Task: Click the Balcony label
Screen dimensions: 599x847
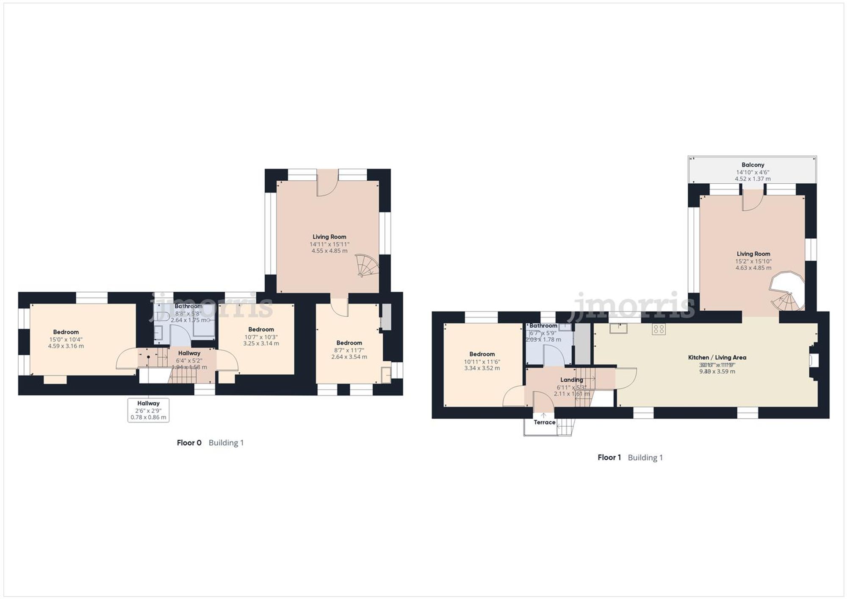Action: (x=753, y=165)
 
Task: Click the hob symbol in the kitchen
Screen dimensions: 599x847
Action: (x=658, y=329)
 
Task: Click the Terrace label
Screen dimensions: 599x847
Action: (x=544, y=422)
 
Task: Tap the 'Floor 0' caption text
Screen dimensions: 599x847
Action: (x=189, y=443)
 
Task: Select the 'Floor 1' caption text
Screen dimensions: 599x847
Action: (x=609, y=458)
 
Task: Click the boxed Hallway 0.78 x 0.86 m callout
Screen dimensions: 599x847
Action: (x=148, y=410)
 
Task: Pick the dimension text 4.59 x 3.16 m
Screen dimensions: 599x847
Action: (x=66, y=346)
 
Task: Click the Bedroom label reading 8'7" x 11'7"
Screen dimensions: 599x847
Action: (x=349, y=343)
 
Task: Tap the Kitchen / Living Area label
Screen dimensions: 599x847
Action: (x=717, y=358)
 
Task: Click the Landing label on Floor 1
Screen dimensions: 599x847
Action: (x=571, y=380)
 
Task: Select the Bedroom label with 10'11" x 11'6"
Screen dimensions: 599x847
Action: (x=482, y=354)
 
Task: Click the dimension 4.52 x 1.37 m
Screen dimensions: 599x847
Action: (x=753, y=179)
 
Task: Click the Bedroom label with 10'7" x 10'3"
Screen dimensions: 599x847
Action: (x=261, y=329)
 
